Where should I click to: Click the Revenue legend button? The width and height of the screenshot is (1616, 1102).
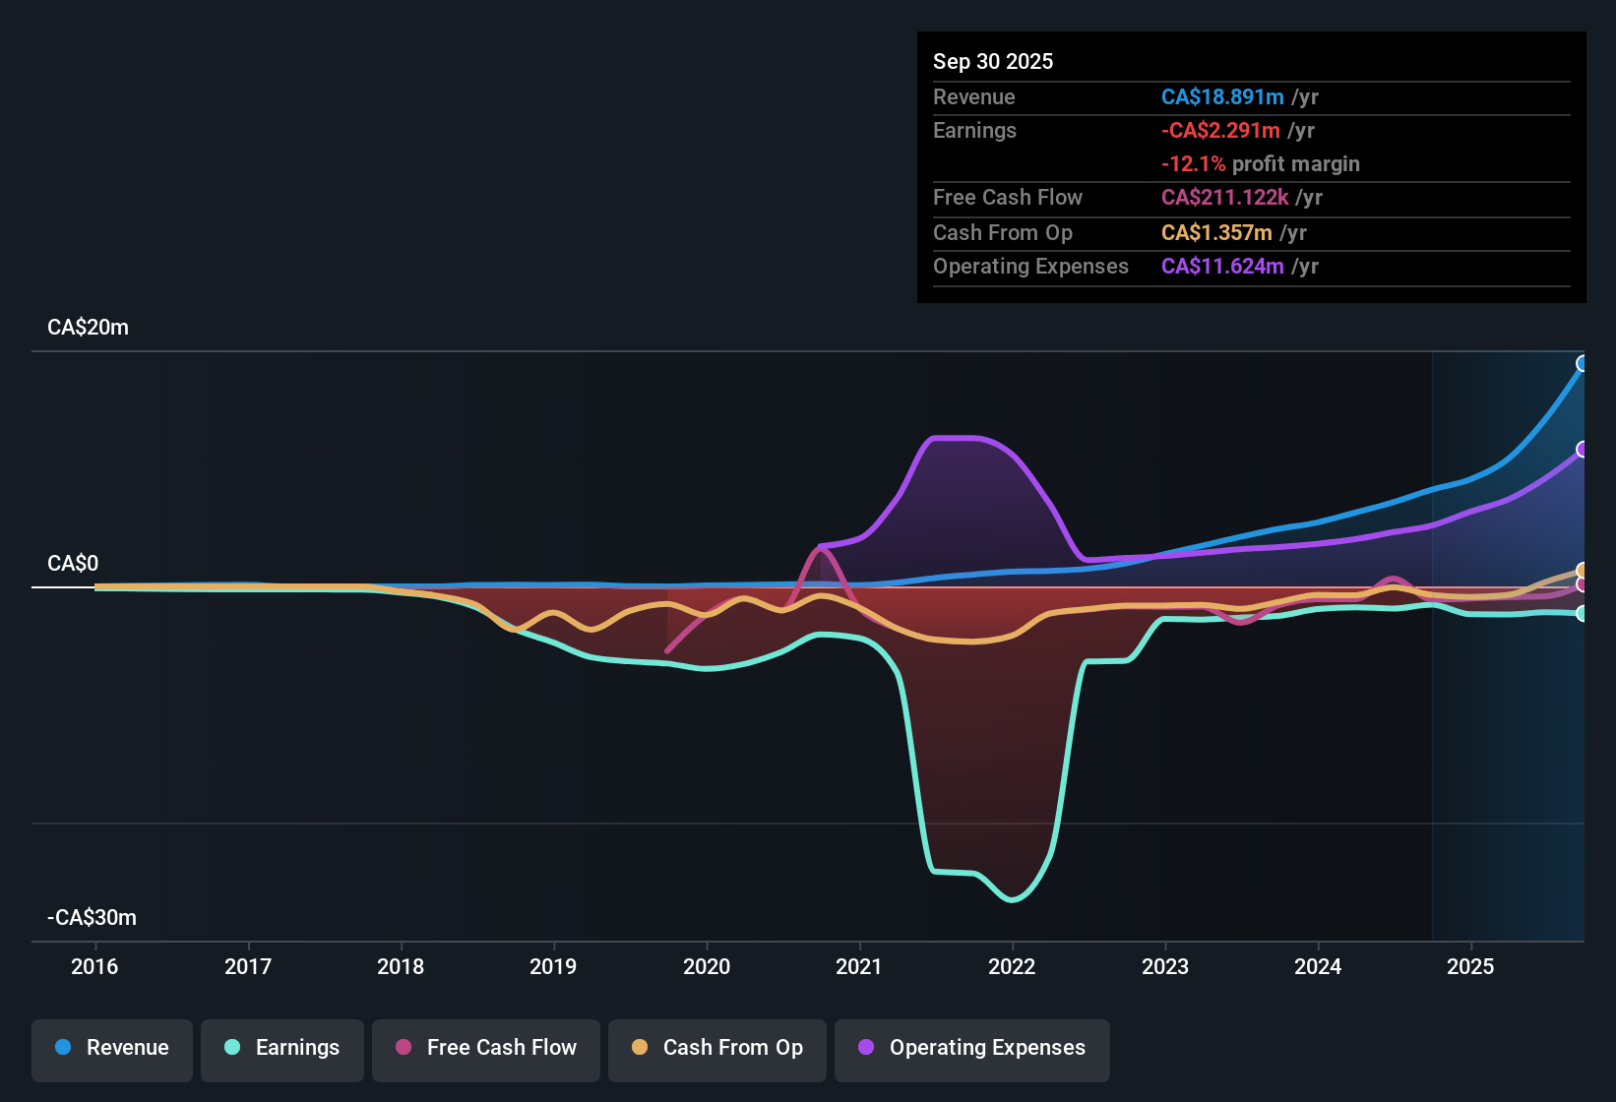click(112, 1048)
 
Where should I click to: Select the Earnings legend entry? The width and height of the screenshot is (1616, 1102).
click(281, 1048)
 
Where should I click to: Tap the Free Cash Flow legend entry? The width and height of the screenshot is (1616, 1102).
click(486, 1048)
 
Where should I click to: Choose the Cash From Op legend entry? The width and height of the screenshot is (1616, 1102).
click(717, 1048)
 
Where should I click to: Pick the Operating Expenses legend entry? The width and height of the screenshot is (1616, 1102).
click(971, 1048)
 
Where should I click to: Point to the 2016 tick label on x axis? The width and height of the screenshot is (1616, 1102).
click(94, 966)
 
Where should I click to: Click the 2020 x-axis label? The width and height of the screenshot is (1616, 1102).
click(707, 966)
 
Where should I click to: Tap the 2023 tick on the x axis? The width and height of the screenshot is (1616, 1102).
click(1165, 966)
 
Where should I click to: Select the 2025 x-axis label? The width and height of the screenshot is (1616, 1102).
click(1470, 966)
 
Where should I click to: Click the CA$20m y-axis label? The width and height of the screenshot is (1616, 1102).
click(88, 328)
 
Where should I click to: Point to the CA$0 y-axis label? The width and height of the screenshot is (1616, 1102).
click(73, 564)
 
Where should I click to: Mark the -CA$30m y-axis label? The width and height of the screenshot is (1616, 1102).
click(92, 918)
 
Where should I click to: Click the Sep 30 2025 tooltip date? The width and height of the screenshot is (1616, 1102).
click(993, 61)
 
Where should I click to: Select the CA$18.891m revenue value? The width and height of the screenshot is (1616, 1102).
click(1222, 96)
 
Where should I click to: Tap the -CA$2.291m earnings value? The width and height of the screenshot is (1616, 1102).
click(1220, 130)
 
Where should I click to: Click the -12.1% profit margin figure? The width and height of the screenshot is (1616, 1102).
click(1193, 163)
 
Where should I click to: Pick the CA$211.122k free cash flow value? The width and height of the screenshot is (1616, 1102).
click(1224, 197)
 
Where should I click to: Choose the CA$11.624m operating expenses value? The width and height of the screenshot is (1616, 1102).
click(1222, 266)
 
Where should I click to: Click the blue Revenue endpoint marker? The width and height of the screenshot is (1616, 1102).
click(1582, 364)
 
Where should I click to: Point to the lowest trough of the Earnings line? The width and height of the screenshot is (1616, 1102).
click(1012, 899)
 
